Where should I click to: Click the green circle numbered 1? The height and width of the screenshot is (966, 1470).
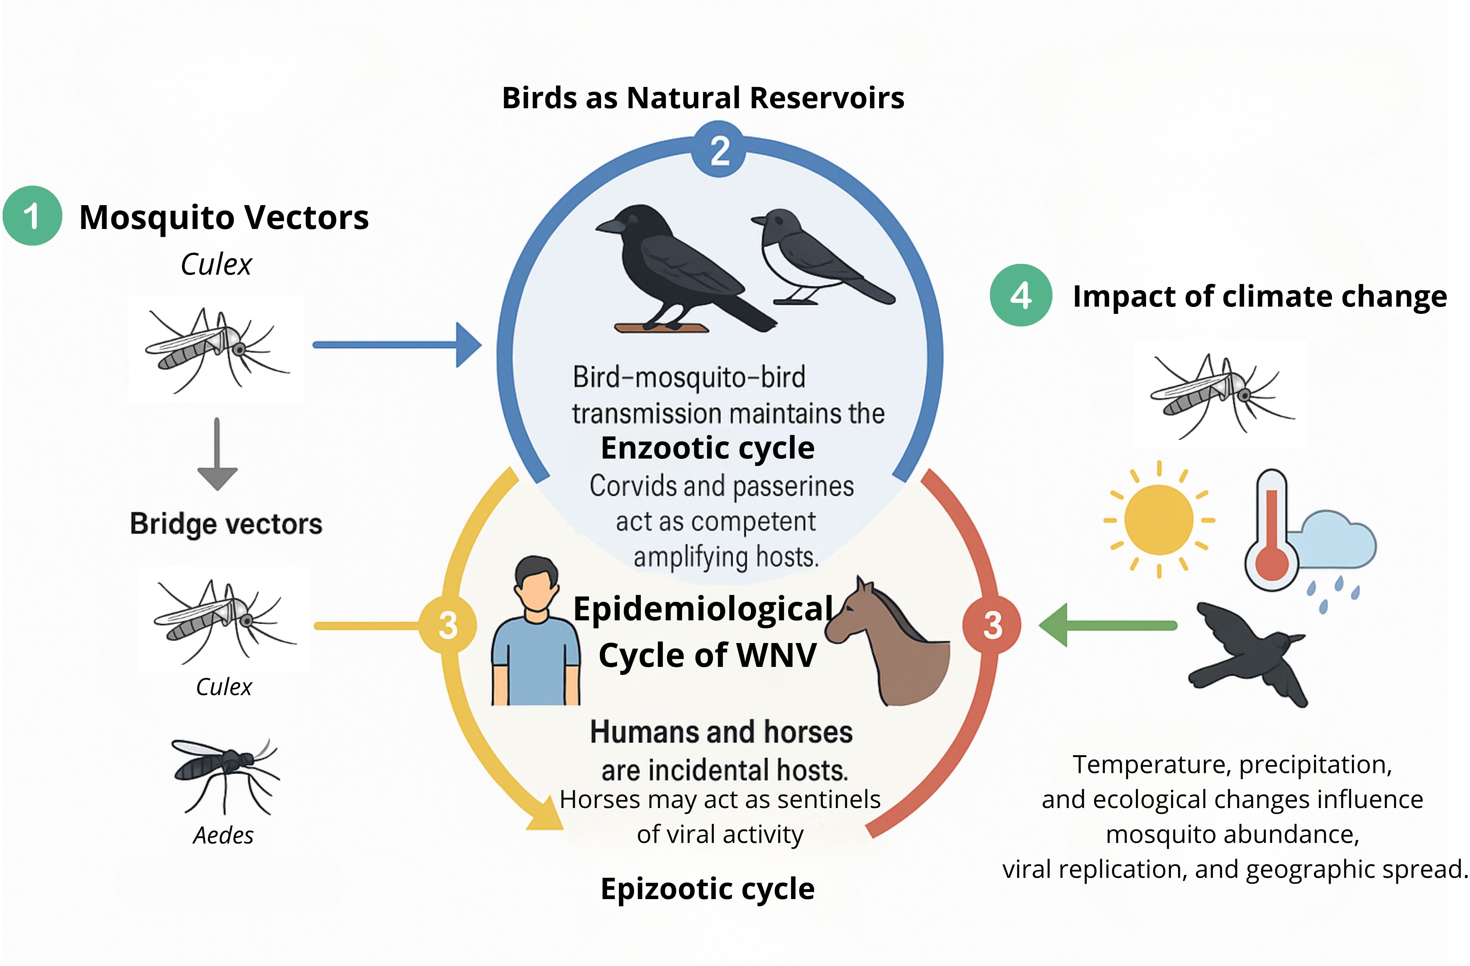[x=32, y=216]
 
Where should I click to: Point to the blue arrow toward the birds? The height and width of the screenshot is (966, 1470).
[x=395, y=344]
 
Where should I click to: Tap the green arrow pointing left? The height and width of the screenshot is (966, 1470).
[x=1106, y=626]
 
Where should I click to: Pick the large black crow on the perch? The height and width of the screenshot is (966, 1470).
[x=673, y=266]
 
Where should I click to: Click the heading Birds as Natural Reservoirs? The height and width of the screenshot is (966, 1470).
[x=703, y=98]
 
